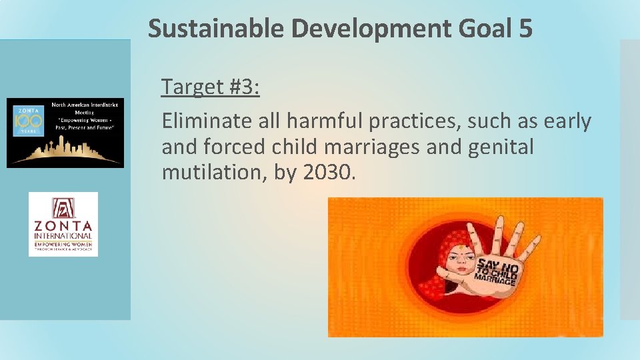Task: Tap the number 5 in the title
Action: coord(524,29)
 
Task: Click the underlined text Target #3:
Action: coord(211,87)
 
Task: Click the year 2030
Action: coord(329,173)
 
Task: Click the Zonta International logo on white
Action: coord(63,224)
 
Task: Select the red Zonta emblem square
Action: coord(63,206)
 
